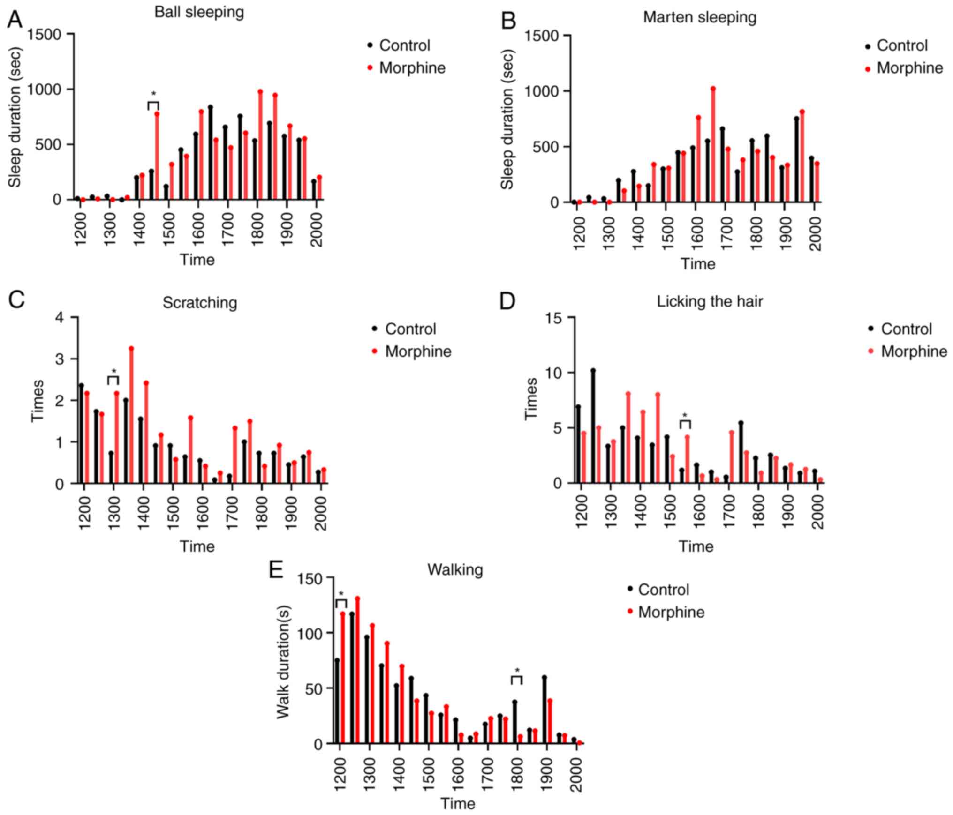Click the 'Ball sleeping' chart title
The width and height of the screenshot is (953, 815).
[199, 12]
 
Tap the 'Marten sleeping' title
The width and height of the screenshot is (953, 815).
[699, 17]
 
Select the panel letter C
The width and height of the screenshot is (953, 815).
[17, 300]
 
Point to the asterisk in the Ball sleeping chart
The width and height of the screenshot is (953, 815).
[153, 94]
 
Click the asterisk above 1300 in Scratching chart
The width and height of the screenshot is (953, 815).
[114, 371]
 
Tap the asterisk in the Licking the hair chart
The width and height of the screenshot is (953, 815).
[685, 415]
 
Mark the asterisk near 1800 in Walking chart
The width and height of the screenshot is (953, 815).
[517, 670]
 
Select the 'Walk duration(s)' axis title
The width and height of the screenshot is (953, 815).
[283, 662]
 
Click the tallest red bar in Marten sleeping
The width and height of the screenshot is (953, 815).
[713, 145]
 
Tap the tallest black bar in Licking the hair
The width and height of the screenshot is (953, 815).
[593, 426]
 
